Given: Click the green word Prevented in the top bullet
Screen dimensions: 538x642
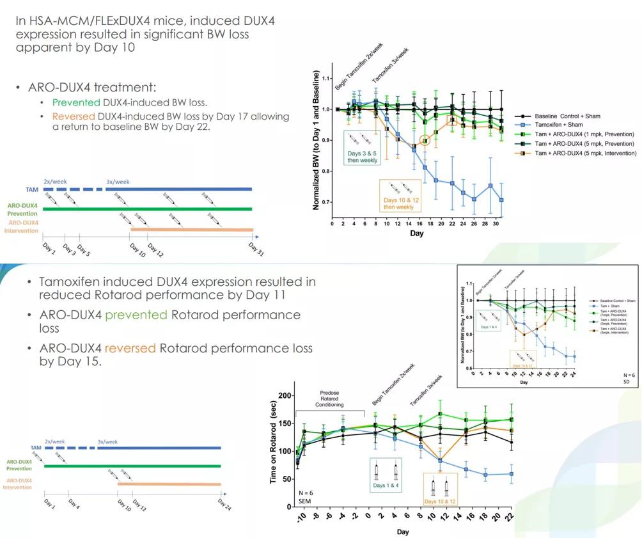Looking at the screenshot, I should [x=72, y=102].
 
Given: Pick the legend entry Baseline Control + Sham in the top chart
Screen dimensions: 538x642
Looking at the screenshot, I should [x=570, y=116].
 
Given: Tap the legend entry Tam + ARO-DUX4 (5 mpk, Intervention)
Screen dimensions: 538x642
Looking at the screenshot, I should [x=584, y=154].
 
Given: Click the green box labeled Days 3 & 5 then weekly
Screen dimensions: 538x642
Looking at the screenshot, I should [x=362, y=148].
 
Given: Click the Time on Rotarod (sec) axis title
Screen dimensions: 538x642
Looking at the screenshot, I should [x=273, y=446].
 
